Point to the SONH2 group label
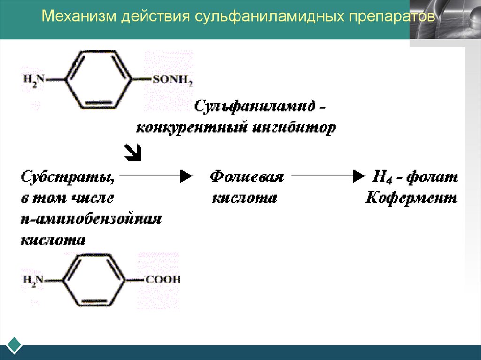click(x=172, y=81)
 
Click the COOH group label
click(x=163, y=280)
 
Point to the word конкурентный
click(x=190, y=128)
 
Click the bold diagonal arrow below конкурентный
click(x=133, y=152)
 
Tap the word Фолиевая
click(x=247, y=177)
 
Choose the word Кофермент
click(x=411, y=198)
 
